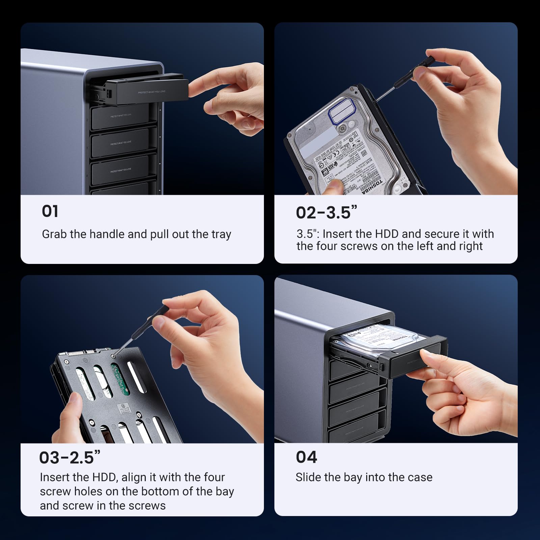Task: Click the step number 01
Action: [x=50, y=211]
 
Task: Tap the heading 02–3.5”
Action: [x=326, y=213]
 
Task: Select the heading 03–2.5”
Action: [x=70, y=458]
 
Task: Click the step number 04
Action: [x=306, y=457]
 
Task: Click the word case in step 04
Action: [x=420, y=477]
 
